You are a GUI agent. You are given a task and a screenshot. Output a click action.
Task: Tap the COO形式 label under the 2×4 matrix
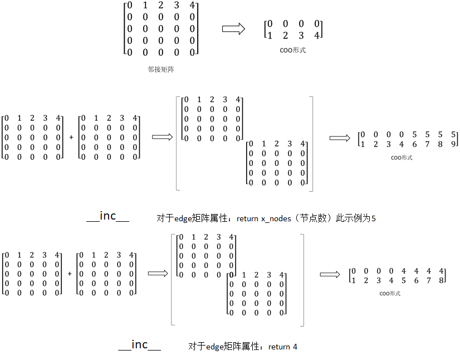click(293, 50)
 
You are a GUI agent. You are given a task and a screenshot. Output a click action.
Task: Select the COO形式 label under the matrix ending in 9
click(401, 158)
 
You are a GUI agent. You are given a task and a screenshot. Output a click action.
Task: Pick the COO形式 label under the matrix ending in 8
click(390, 293)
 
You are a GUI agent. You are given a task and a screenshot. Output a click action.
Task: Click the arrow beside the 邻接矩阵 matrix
click(233, 30)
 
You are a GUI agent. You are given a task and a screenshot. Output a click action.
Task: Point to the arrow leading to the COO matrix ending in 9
click(340, 138)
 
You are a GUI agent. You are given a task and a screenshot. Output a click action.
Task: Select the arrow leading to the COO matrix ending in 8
click(330, 274)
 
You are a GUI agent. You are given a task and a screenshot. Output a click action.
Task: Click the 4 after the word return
click(295, 347)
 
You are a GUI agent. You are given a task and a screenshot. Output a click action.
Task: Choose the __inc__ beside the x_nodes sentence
click(108, 217)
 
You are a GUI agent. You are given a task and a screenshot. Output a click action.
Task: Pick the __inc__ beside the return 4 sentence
click(139, 345)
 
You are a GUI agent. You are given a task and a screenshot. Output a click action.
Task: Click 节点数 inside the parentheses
click(315, 218)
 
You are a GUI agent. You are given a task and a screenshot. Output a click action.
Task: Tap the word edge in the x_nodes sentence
click(184, 218)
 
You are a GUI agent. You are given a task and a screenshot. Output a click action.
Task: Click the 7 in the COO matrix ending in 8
click(428, 280)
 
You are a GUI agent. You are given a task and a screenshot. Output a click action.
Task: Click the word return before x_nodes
click(248, 218)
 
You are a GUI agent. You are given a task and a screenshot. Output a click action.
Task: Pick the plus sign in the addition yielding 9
click(71, 137)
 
